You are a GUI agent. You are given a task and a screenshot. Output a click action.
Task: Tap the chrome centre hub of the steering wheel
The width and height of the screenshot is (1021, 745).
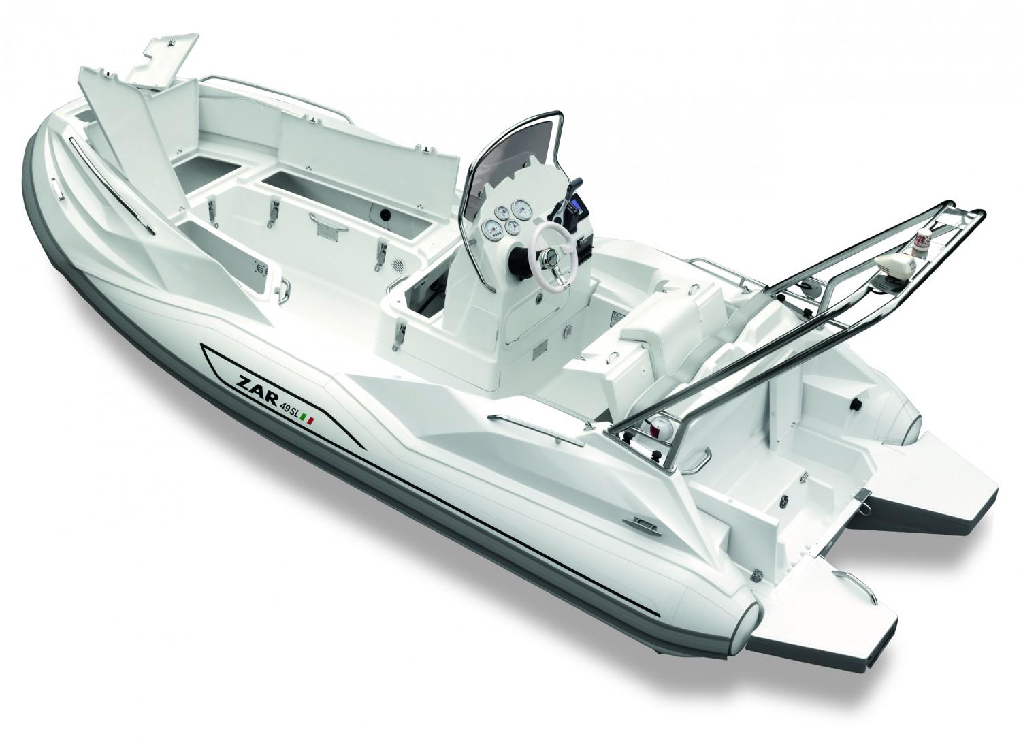pos(549,257)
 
